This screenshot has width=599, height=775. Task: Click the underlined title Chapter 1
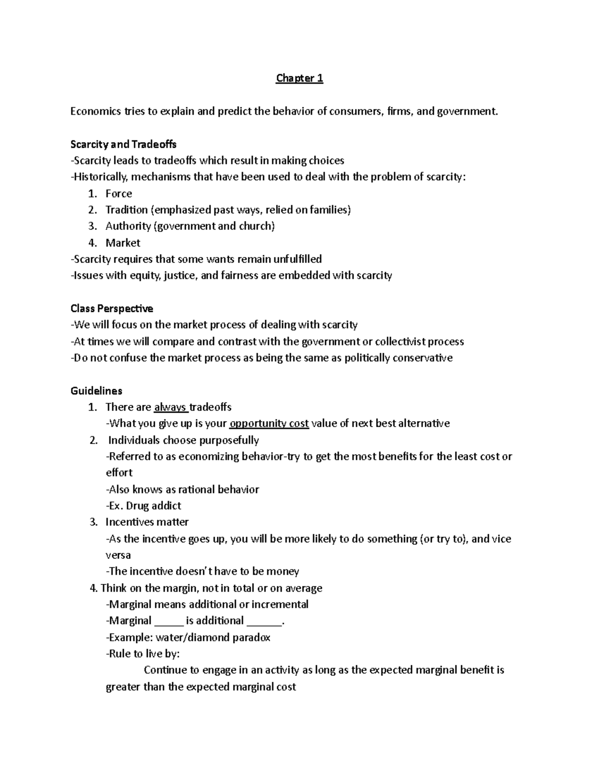299,78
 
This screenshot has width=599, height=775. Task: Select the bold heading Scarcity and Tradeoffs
123,144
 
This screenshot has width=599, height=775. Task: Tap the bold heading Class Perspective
112,308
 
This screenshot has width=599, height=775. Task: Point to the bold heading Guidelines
96,390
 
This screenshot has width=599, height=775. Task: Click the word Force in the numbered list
119,194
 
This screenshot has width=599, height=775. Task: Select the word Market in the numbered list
123,243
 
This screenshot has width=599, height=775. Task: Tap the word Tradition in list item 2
126,210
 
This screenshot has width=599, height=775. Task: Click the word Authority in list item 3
128,226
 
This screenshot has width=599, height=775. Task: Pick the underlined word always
170,407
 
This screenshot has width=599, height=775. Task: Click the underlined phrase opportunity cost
269,424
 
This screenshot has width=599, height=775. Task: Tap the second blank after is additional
264,621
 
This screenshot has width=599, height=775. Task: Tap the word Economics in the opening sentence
94,111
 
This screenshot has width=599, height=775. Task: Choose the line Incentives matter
147,522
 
